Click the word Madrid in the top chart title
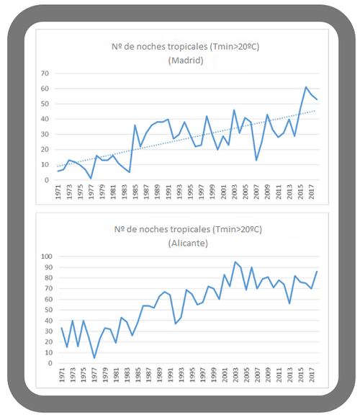click(x=186, y=61)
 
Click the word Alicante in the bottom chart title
click(x=188, y=244)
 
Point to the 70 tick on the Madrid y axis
click(x=45, y=73)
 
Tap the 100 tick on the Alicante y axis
click(x=47, y=256)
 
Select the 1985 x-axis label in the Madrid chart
click(x=135, y=192)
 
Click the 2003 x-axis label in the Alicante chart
click(x=235, y=375)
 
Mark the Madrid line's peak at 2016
click(x=306, y=86)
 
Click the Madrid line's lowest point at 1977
click(x=91, y=179)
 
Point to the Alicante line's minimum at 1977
click(x=94, y=358)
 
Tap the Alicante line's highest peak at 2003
click(x=235, y=262)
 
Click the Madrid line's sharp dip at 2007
click(x=256, y=160)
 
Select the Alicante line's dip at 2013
click(x=289, y=303)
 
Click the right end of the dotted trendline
click(x=315, y=111)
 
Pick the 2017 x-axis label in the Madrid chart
click(x=312, y=192)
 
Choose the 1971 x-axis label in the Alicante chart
click(x=62, y=375)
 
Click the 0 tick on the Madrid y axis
click(x=47, y=180)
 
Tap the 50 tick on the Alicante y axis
click(x=48, y=310)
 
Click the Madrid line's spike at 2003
click(x=234, y=110)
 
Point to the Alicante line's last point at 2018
click(x=317, y=272)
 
